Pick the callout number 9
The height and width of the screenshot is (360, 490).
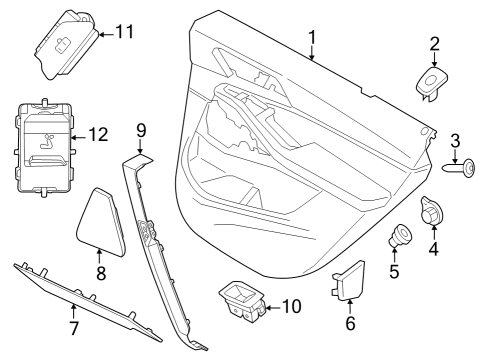[141, 129]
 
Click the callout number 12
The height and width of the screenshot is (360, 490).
[97, 133]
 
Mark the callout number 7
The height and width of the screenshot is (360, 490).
[72, 326]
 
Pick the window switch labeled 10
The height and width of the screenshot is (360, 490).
[240, 299]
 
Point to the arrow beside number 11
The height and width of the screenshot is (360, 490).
[105, 33]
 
